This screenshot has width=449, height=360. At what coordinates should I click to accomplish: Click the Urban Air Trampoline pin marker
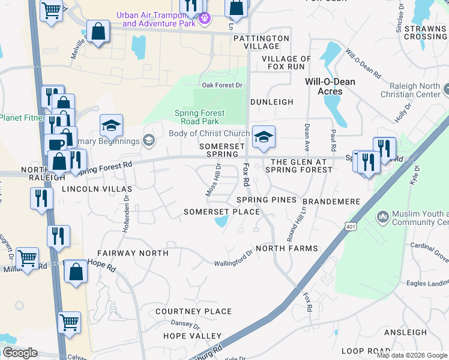(204, 19)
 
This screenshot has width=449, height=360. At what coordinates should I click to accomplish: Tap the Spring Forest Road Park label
(199, 117)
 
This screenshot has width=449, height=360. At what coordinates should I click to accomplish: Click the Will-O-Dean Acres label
(330, 86)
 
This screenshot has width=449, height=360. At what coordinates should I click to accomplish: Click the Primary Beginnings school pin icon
(149, 141)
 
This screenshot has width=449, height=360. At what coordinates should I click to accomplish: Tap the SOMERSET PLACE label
(221, 212)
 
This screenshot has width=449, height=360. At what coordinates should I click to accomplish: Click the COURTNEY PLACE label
(193, 311)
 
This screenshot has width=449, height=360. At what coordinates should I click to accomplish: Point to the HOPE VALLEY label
(192, 336)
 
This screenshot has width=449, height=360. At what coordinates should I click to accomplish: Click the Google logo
(20, 353)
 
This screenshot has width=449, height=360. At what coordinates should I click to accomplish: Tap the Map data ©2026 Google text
(411, 355)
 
